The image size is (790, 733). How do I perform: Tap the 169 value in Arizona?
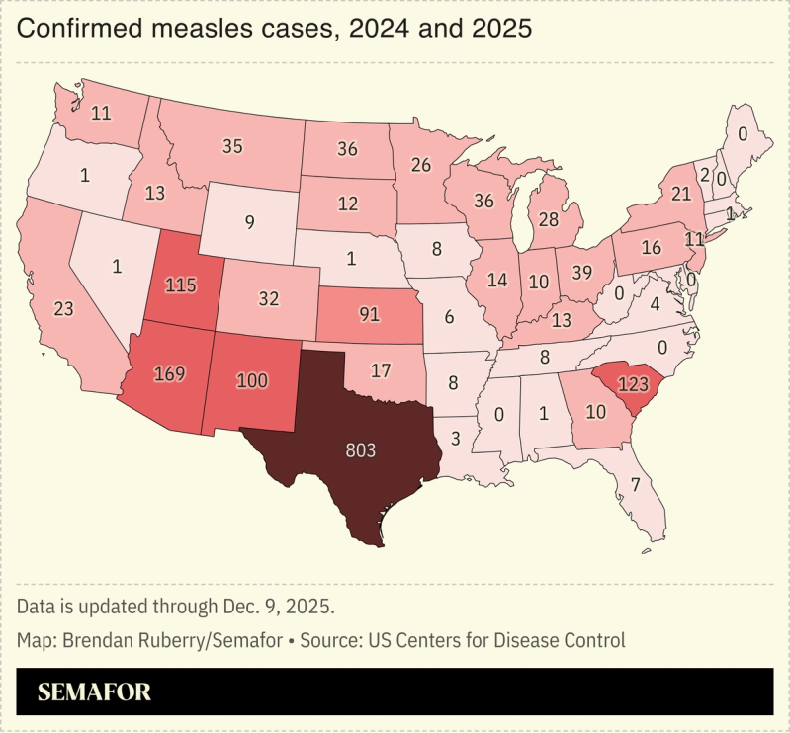point(171,374)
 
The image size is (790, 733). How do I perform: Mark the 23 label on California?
point(64,309)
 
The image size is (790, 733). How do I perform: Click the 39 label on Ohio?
point(583,272)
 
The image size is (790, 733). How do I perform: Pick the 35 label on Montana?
point(232,146)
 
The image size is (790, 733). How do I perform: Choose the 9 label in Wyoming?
point(249,222)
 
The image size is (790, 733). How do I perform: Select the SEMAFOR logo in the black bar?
point(94,692)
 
